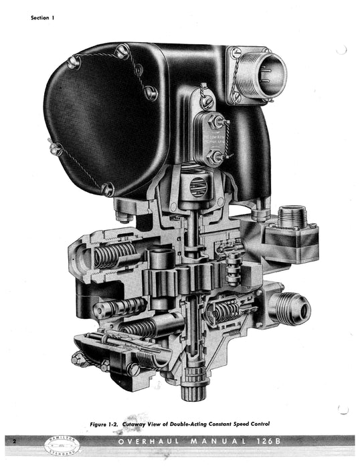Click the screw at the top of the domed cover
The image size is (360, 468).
pos(122,51)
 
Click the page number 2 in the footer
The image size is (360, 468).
pos(14,442)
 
